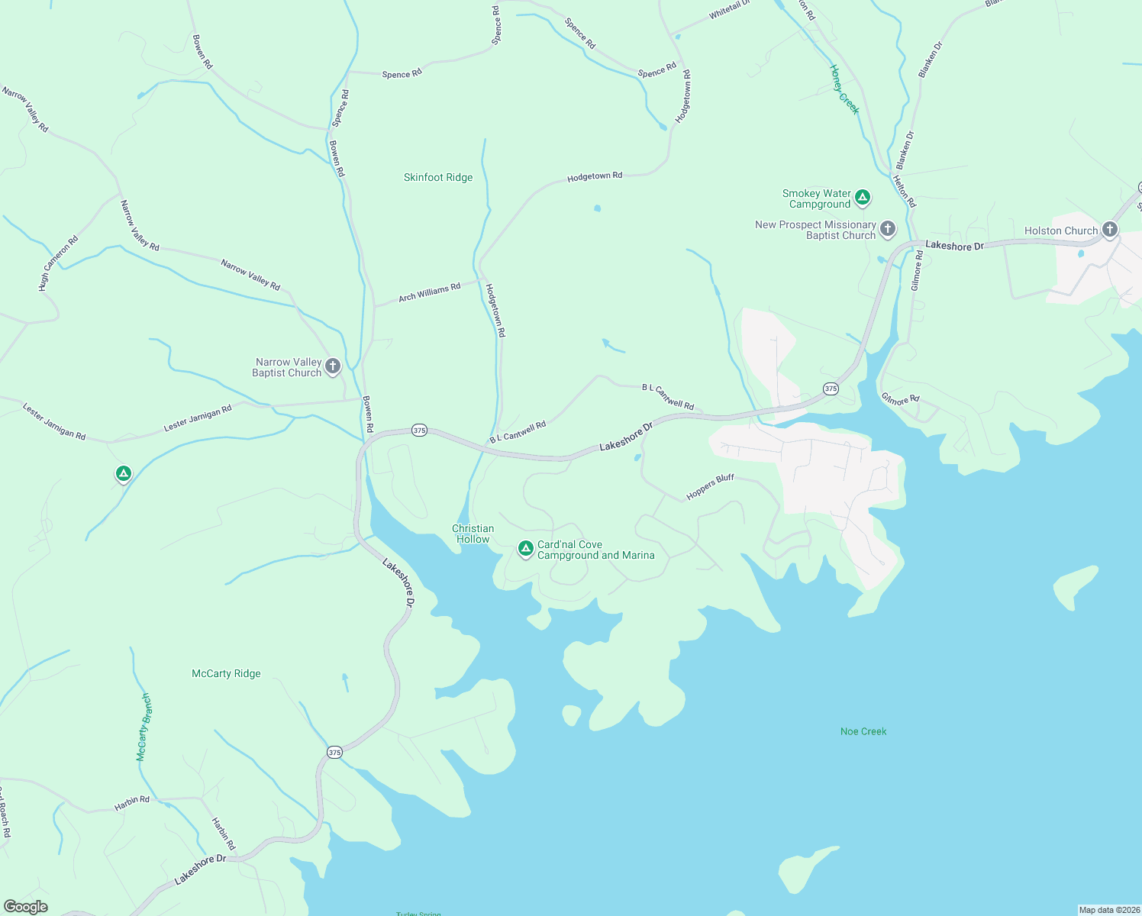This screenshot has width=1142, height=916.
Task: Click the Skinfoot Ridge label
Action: tap(438, 178)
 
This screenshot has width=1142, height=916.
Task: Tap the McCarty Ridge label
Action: tap(226, 674)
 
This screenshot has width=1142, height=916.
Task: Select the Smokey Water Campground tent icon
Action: tap(863, 198)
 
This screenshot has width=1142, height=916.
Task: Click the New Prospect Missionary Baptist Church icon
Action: tap(888, 228)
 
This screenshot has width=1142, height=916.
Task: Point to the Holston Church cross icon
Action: tap(1110, 229)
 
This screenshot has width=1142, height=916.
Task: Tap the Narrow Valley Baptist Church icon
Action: tap(333, 366)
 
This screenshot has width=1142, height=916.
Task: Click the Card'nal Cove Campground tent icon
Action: tap(525, 549)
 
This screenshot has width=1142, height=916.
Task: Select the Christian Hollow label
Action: tap(473, 534)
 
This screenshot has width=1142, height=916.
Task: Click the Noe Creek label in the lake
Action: tap(863, 732)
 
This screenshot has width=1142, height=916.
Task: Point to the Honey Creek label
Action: tap(844, 89)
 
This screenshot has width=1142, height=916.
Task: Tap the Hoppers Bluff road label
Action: tap(710, 487)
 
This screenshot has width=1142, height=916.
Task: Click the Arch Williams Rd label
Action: tap(430, 292)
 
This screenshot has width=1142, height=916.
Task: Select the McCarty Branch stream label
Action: tap(144, 727)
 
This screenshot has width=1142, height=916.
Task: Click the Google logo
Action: tap(26, 907)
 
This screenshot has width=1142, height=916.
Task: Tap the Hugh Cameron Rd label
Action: tap(59, 263)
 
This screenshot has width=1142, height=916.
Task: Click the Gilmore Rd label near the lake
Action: tap(901, 399)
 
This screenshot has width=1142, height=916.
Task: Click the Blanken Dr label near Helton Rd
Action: tap(905, 150)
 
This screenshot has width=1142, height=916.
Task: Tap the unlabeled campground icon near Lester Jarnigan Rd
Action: tap(124, 474)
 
